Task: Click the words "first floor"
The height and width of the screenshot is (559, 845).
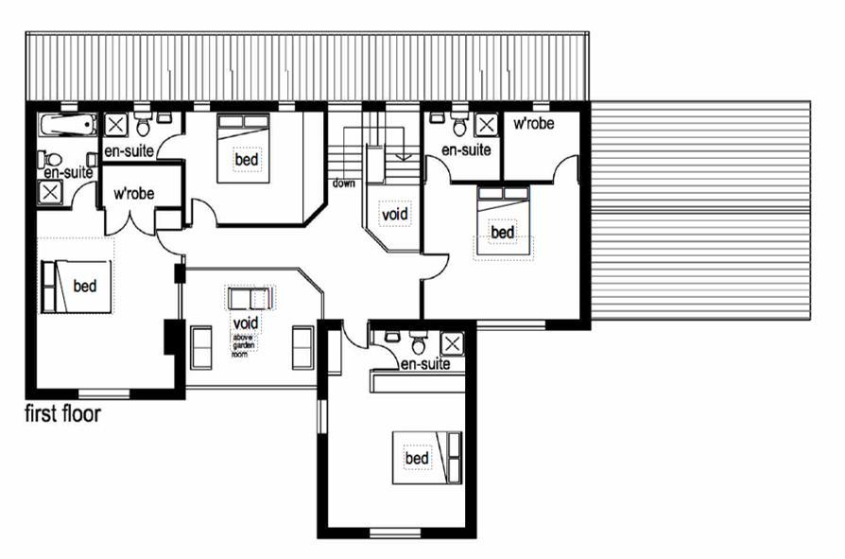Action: [x=62, y=414]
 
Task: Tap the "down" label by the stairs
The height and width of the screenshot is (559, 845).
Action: [x=343, y=183]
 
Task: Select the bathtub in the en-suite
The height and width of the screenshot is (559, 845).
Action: [x=67, y=126]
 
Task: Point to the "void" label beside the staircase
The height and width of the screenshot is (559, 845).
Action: [x=394, y=215]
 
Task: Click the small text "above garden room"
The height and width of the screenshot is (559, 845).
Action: [x=243, y=345]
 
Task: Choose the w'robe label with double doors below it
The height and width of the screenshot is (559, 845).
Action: [x=133, y=194]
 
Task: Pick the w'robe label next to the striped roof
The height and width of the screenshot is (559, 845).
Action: [x=533, y=124]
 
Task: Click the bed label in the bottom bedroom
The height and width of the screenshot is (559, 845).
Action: [x=417, y=458]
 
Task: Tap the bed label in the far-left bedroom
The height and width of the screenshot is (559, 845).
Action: [x=85, y=287]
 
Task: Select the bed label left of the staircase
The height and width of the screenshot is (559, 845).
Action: [x=247, y=160]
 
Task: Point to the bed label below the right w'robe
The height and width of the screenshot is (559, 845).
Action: [x=502, y=233]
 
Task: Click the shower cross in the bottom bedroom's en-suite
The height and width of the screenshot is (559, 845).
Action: [x=452, y=344]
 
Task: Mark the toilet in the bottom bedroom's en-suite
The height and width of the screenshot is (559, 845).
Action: [x=420, y=341]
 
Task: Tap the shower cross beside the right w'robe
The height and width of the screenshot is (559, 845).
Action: [x=486, y=125]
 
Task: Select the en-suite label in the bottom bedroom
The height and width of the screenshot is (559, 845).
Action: [x=425, y=364]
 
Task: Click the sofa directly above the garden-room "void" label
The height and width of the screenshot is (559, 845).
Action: [x=250, y=298]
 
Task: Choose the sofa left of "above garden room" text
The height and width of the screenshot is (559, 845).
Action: [x=201, y=348]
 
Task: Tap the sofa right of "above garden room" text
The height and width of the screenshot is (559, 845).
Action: [x=302, y=348]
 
